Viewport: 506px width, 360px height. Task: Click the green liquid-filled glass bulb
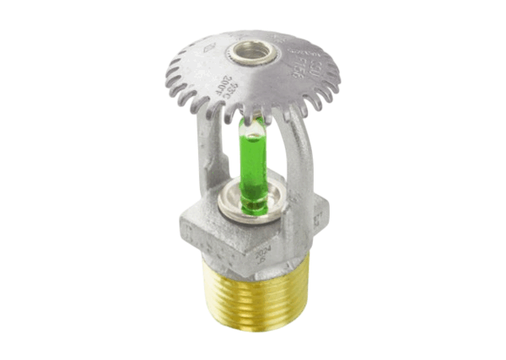click(x=252, y=165)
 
